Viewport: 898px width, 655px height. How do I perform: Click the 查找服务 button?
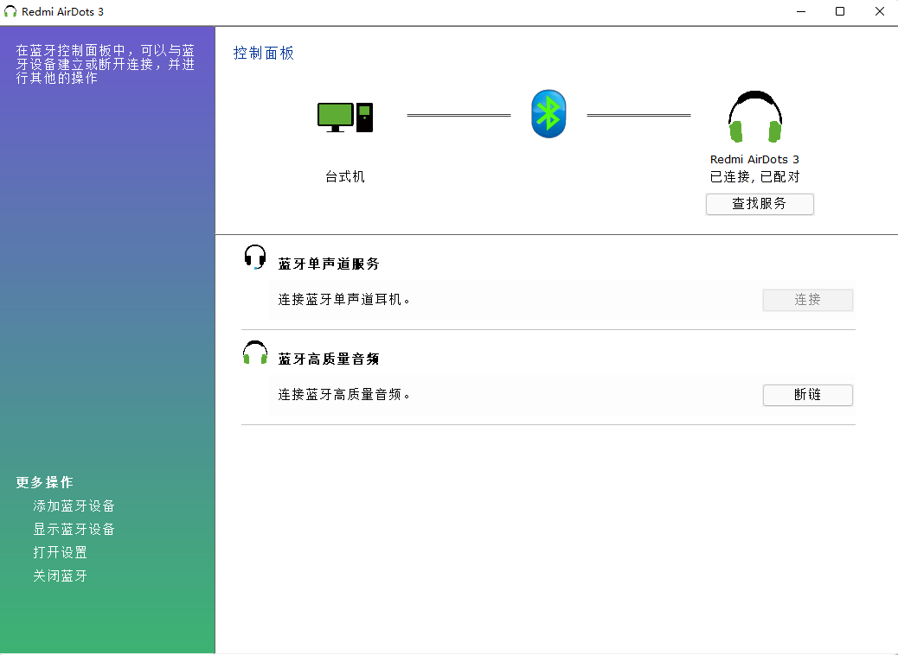[760, 204]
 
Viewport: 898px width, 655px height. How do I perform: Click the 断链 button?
[807, 395]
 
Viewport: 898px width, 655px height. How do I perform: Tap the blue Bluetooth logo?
[548, 114]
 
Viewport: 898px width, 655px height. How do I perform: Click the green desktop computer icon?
[345, 118]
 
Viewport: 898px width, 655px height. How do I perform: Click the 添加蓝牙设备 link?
[74, 506]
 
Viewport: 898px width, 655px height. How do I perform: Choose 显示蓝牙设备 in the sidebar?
[74, 529]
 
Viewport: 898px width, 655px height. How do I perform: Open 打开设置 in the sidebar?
[61, 553]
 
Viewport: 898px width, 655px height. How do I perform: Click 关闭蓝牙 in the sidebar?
[61, 576]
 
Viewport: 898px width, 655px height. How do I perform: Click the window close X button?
[880, 11]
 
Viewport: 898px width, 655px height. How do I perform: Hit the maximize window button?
[840, 11]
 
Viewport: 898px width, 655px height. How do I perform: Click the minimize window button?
[801, 11]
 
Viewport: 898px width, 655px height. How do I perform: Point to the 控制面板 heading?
[264, 54]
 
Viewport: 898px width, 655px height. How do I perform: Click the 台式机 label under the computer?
[345, 177]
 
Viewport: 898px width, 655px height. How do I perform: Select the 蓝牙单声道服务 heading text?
[329, 264]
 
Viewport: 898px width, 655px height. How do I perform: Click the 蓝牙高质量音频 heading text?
[329, 359]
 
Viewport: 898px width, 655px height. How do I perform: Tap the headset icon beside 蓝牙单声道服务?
[255, 257]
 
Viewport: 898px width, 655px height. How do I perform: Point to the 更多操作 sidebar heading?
[45, 482]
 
